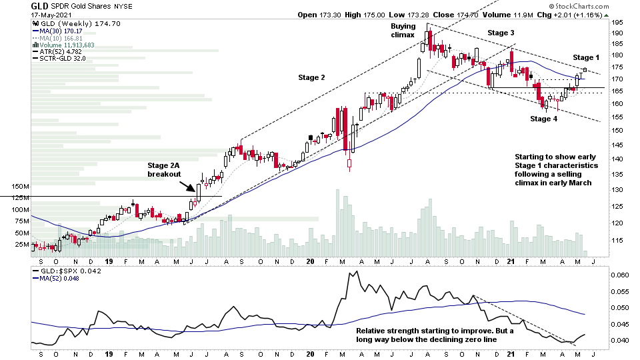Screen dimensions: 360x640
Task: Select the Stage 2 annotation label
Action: coord(311,78)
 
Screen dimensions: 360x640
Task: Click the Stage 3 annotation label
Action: coord(501,33)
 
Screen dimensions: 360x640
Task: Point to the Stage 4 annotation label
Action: coord(544,119)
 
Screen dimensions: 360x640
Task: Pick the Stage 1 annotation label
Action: coord(586,58)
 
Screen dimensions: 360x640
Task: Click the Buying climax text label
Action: coord(403,30)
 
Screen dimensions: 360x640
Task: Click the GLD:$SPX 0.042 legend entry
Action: coord(60,273)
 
